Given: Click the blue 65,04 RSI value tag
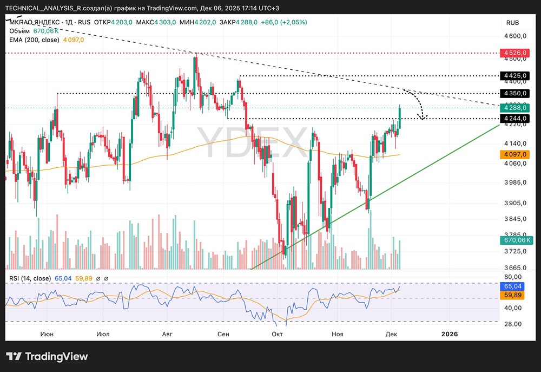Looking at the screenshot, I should [x=512, y=285].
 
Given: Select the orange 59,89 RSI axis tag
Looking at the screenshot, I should [x=512, y=295].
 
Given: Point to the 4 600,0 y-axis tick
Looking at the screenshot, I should [x=516, y=36].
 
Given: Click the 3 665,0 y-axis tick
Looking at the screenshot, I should [x=516, y=267].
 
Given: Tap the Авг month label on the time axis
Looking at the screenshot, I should [x=168, y=334].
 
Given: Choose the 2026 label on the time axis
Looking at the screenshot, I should [x=449, y=334].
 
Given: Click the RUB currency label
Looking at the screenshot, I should [x=512, y=23].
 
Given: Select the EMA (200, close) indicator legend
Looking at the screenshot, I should [x=35, y=40].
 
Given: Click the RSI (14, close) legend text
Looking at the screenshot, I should [x=30, y=278].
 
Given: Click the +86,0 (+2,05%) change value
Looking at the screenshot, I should [x=284, y=22].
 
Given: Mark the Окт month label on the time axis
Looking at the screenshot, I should [x=278, y=334].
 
